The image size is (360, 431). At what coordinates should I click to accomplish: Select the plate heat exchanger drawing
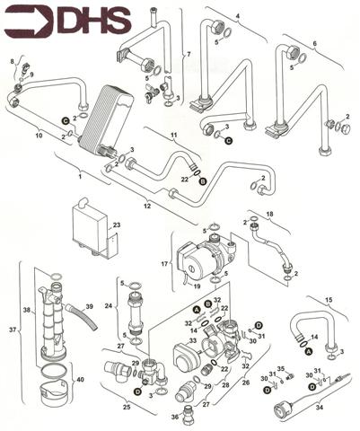click(x=107, y=119)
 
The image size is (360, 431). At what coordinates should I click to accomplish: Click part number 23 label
click(x=117, y=224)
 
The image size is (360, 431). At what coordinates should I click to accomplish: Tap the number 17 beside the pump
click(x=164, y=264)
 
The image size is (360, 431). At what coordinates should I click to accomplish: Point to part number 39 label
click(x=90, y=306)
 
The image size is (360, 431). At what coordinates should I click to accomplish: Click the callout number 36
click(x=175, y=417)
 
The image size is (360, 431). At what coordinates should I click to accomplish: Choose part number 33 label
click(x=193, y=340)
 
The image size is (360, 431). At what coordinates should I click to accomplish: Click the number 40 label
click(x=80, y=380)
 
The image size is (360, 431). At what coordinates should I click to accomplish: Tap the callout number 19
click(x=197, y=286)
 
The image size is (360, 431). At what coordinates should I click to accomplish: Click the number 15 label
click(x=329, y=300)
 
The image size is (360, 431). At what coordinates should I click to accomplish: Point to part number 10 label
click(x=39, y=136)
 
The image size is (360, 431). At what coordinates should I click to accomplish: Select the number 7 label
click(x=189, y=54)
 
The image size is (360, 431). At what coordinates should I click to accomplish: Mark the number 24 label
click(x=109, y=306)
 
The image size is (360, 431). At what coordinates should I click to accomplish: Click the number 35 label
click(x=281, y=368)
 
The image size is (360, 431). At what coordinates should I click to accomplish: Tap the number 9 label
click(x=31, y=74)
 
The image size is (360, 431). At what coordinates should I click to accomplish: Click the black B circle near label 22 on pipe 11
click(x=203, y=181)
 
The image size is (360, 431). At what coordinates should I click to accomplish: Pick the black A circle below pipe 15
click(x=309, y=351)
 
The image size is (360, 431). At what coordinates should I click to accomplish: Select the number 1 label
click(x=80, y=177)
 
